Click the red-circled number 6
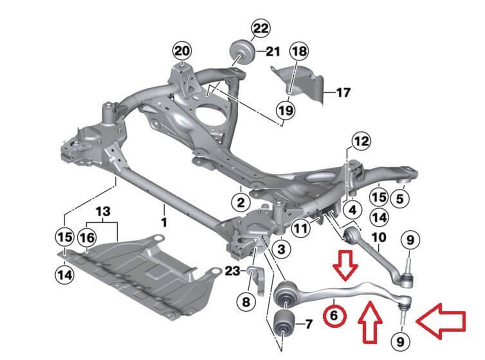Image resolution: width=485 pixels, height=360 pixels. [x=334, y=315]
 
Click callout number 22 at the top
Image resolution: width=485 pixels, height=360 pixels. [x=260, y=29]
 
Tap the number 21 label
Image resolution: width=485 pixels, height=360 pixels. [x=273, y=52]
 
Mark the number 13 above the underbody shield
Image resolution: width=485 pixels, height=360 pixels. [x=103, y=211]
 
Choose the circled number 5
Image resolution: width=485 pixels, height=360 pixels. [x=400, y=198]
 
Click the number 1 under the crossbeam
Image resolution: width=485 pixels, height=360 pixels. [x=164, y=222]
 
